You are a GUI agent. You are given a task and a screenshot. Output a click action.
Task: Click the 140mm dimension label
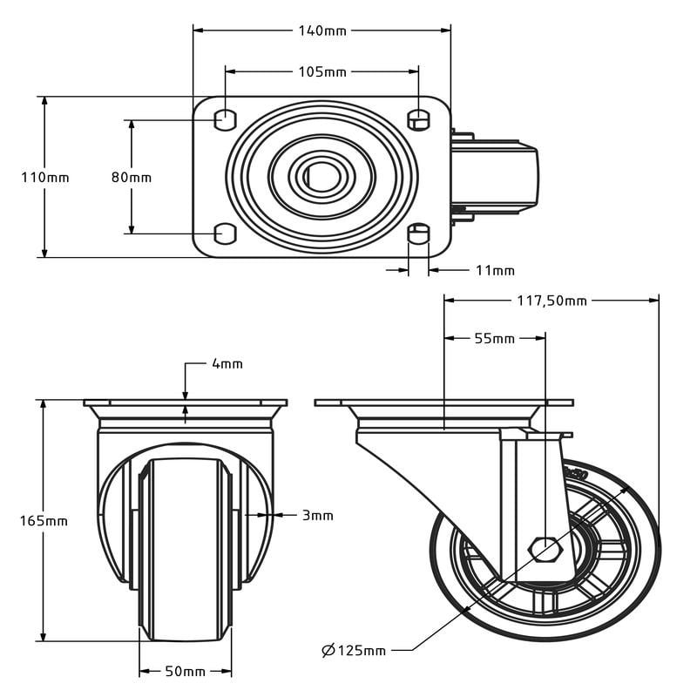point(322,30)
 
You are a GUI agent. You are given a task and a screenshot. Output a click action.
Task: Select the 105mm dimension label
point(322,71)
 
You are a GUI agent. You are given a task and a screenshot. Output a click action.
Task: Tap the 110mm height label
point(45,177)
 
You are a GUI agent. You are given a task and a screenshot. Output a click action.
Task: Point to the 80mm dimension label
point(132,177)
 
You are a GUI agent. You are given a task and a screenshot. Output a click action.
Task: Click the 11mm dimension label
point(495,270)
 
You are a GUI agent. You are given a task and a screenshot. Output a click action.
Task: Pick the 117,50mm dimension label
point(552,301)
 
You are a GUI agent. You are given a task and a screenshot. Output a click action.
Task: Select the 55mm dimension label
point(494,338)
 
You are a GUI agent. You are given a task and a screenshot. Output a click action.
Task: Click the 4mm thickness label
point(227,363)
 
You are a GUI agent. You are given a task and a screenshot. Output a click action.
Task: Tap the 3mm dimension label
point(318,515)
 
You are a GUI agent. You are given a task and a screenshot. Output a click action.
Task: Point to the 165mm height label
point(44,521)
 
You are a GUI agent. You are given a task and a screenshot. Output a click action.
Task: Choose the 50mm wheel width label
point(186,671)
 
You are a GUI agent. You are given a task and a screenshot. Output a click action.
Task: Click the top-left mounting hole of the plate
point(225,118)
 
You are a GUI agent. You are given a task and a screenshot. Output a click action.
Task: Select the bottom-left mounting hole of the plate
point(225,233)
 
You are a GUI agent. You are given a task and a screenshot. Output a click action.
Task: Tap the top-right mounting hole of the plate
point(419,118)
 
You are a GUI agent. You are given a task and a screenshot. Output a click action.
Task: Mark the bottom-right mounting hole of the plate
point(419,233)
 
